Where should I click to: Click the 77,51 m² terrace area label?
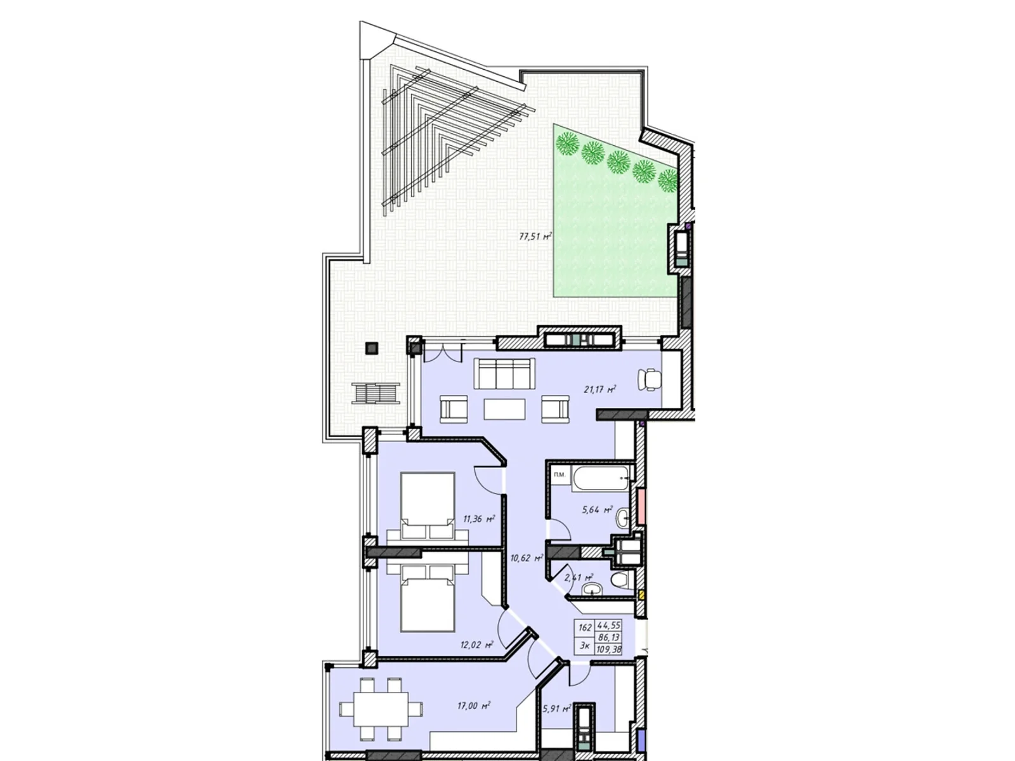click(535, 237)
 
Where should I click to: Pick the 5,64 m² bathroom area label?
click(597, 509)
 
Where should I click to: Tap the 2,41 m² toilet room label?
click(578, 578)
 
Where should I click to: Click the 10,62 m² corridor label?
click(526, 558)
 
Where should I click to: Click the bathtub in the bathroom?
click(602, 479)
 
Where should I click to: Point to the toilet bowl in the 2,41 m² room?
click(620, 579)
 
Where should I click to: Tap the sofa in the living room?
click(506, 375)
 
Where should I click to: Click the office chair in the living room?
click(651, 379)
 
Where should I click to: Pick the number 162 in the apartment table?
click(585, 627)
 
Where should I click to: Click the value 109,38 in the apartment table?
click(608, 649)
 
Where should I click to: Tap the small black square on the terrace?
click(371, 348)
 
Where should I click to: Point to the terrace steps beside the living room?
click(377, 394)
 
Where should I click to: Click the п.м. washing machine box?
click(560, 475)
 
